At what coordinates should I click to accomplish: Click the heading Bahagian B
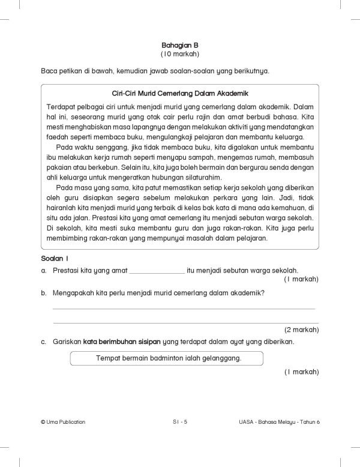pos(179,45)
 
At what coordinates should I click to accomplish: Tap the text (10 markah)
pos(179,55)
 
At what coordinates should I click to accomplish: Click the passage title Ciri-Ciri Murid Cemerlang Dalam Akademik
pos(180,94)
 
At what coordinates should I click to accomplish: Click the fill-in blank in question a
pos(157,271)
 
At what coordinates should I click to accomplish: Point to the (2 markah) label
pos(301,330)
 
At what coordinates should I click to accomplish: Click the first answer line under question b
pos(184,309)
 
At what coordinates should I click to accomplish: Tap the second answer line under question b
pos(184,322)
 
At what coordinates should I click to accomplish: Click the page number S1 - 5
pos(180,422)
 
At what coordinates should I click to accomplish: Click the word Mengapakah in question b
pos(76,294)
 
